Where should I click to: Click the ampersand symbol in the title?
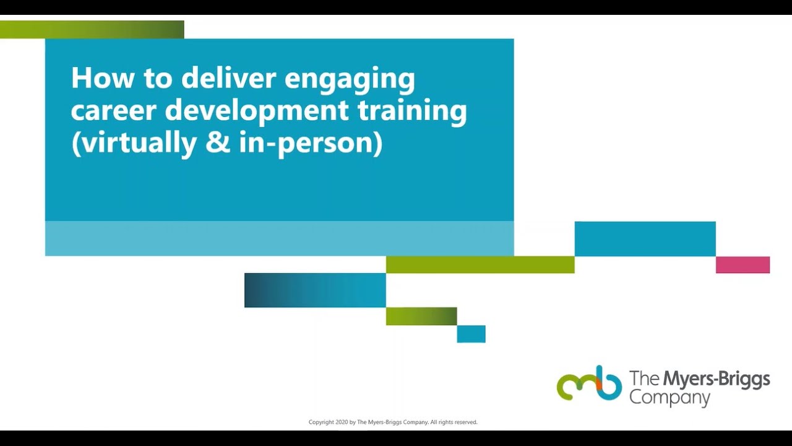[217, 143]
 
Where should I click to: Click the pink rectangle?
[742, 265]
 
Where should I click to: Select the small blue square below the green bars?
[471, 334]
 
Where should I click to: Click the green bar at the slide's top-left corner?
[92, 29]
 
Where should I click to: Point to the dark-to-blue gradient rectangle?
[315, 290]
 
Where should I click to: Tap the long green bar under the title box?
[480, 265]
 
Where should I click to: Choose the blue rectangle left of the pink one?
[645, 238]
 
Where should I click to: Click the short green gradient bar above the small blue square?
[421, 316]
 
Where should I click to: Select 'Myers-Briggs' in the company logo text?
[716, 378]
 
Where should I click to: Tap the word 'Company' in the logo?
[669, 398]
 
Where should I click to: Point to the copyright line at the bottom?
[393, 422]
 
